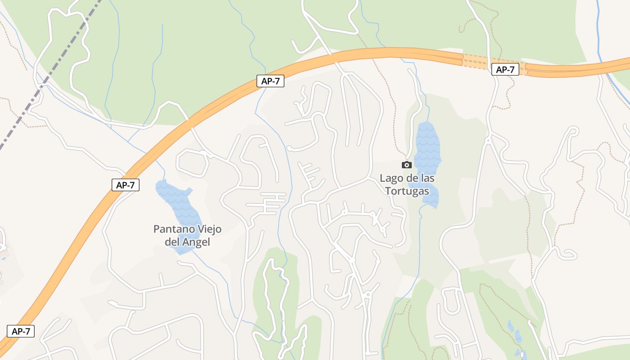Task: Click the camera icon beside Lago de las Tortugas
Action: point(407,165)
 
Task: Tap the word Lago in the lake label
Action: point(391,178)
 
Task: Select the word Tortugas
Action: point(406,191)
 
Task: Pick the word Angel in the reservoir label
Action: point(197,242)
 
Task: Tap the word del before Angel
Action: point(172,242)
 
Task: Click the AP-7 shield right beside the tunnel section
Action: point(505,70)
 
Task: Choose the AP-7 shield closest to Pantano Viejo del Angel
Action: point(126,185)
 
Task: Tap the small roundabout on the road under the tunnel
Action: point(488,141)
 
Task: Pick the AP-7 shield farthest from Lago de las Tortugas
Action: point(21,331)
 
